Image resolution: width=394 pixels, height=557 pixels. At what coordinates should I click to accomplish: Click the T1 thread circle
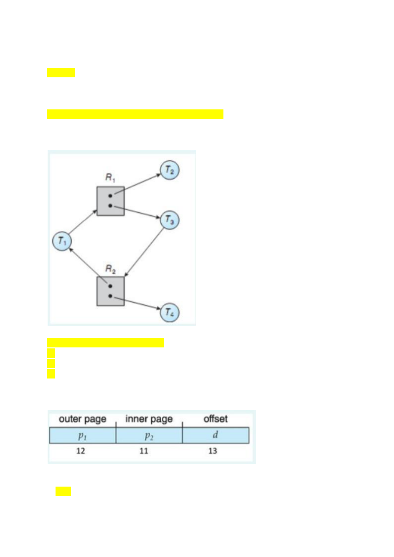coord(62,241)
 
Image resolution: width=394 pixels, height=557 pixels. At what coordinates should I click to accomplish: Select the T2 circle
coord(170,170)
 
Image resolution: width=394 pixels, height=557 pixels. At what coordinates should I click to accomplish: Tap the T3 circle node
coord(170,220)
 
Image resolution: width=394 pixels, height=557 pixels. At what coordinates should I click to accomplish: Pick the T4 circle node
coord(170,313)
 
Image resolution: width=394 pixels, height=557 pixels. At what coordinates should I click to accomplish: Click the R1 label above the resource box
coord(110,178)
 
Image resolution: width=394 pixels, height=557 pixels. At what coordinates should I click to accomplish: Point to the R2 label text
coord(110,269)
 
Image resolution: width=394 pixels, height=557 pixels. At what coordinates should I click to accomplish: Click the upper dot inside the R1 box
coord(110,196)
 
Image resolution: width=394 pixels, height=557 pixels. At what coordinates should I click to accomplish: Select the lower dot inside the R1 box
coord(110,206)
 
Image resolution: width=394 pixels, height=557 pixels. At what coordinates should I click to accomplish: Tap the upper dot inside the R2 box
coord(110,286)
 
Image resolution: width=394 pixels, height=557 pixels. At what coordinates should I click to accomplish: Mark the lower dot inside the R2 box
coord(110,296)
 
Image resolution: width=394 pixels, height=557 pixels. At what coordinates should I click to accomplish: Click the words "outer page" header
coord(83,419)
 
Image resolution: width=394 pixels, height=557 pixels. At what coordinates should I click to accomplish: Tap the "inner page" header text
coord(149,419)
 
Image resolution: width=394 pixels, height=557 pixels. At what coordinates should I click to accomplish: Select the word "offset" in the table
coord(216,419)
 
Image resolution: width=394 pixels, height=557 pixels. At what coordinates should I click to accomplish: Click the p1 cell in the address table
coord(83,435)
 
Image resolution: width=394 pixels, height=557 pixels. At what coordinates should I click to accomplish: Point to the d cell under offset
coord(216,435)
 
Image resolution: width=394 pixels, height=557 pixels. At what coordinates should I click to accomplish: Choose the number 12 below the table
coord(81,451)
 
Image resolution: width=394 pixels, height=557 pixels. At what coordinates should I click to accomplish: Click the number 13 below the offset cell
coord(213,451)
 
